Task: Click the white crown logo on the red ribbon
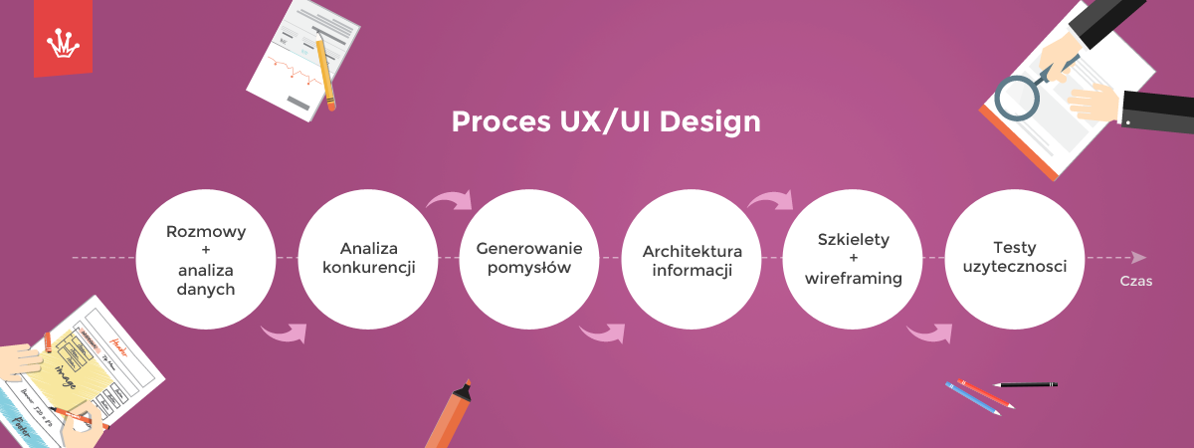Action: [63, 43]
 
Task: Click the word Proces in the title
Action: [501, 121]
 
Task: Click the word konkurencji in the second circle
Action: [369, 267]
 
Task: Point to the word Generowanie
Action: [528, 249]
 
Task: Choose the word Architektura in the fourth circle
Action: [692, 251]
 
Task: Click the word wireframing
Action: [854, 279]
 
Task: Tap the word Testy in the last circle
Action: [1014, 248]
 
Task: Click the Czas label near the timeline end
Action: [1136, 281]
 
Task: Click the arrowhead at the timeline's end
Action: [1138, 258]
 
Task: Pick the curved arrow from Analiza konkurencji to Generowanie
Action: [449, 200]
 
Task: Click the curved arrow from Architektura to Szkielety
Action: [770, 200]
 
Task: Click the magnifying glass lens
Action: [1017, 99]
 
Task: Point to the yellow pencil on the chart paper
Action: [325, 72]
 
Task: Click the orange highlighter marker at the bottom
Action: [450, 414]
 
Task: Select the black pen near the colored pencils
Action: [1026, 384]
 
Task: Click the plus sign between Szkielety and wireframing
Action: [854, 258]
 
